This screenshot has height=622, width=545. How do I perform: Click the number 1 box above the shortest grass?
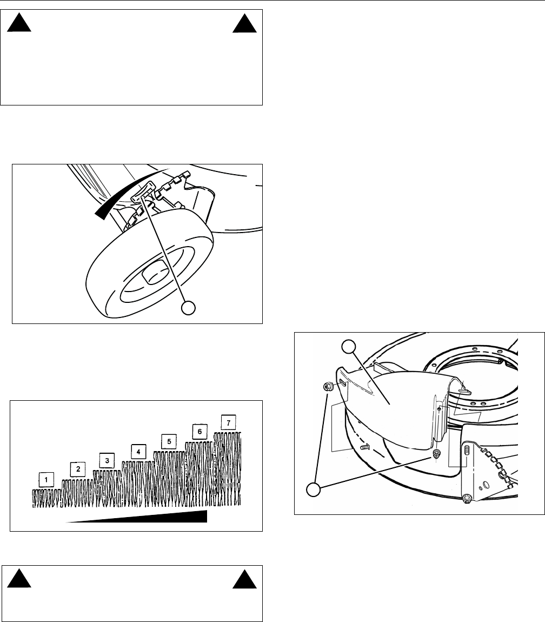(x=46, y=480)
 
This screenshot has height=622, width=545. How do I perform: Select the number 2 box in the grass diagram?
(x=78, y=469)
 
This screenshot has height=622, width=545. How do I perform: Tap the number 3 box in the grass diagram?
(x=107, y=460)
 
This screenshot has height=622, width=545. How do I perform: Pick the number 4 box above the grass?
(x=138, y=452)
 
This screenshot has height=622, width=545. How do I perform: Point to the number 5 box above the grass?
(x=169, y=441)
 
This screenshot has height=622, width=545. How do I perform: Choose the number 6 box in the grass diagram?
(x=200, y=432)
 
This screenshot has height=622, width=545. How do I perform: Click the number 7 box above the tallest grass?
(x=229, y=423)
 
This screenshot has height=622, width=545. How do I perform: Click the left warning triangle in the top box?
(x=18, y=24)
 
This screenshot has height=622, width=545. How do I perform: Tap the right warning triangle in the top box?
(x=245, y=24)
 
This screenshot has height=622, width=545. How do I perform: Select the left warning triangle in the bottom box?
(x=18, y=580)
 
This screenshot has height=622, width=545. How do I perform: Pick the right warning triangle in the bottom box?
(x=245, y=580)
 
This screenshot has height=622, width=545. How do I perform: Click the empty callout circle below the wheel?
(x=189, y=308)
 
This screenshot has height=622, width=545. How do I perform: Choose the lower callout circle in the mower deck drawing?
(x=314, y=489)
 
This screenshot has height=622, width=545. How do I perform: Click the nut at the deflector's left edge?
(x=328, y=386)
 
